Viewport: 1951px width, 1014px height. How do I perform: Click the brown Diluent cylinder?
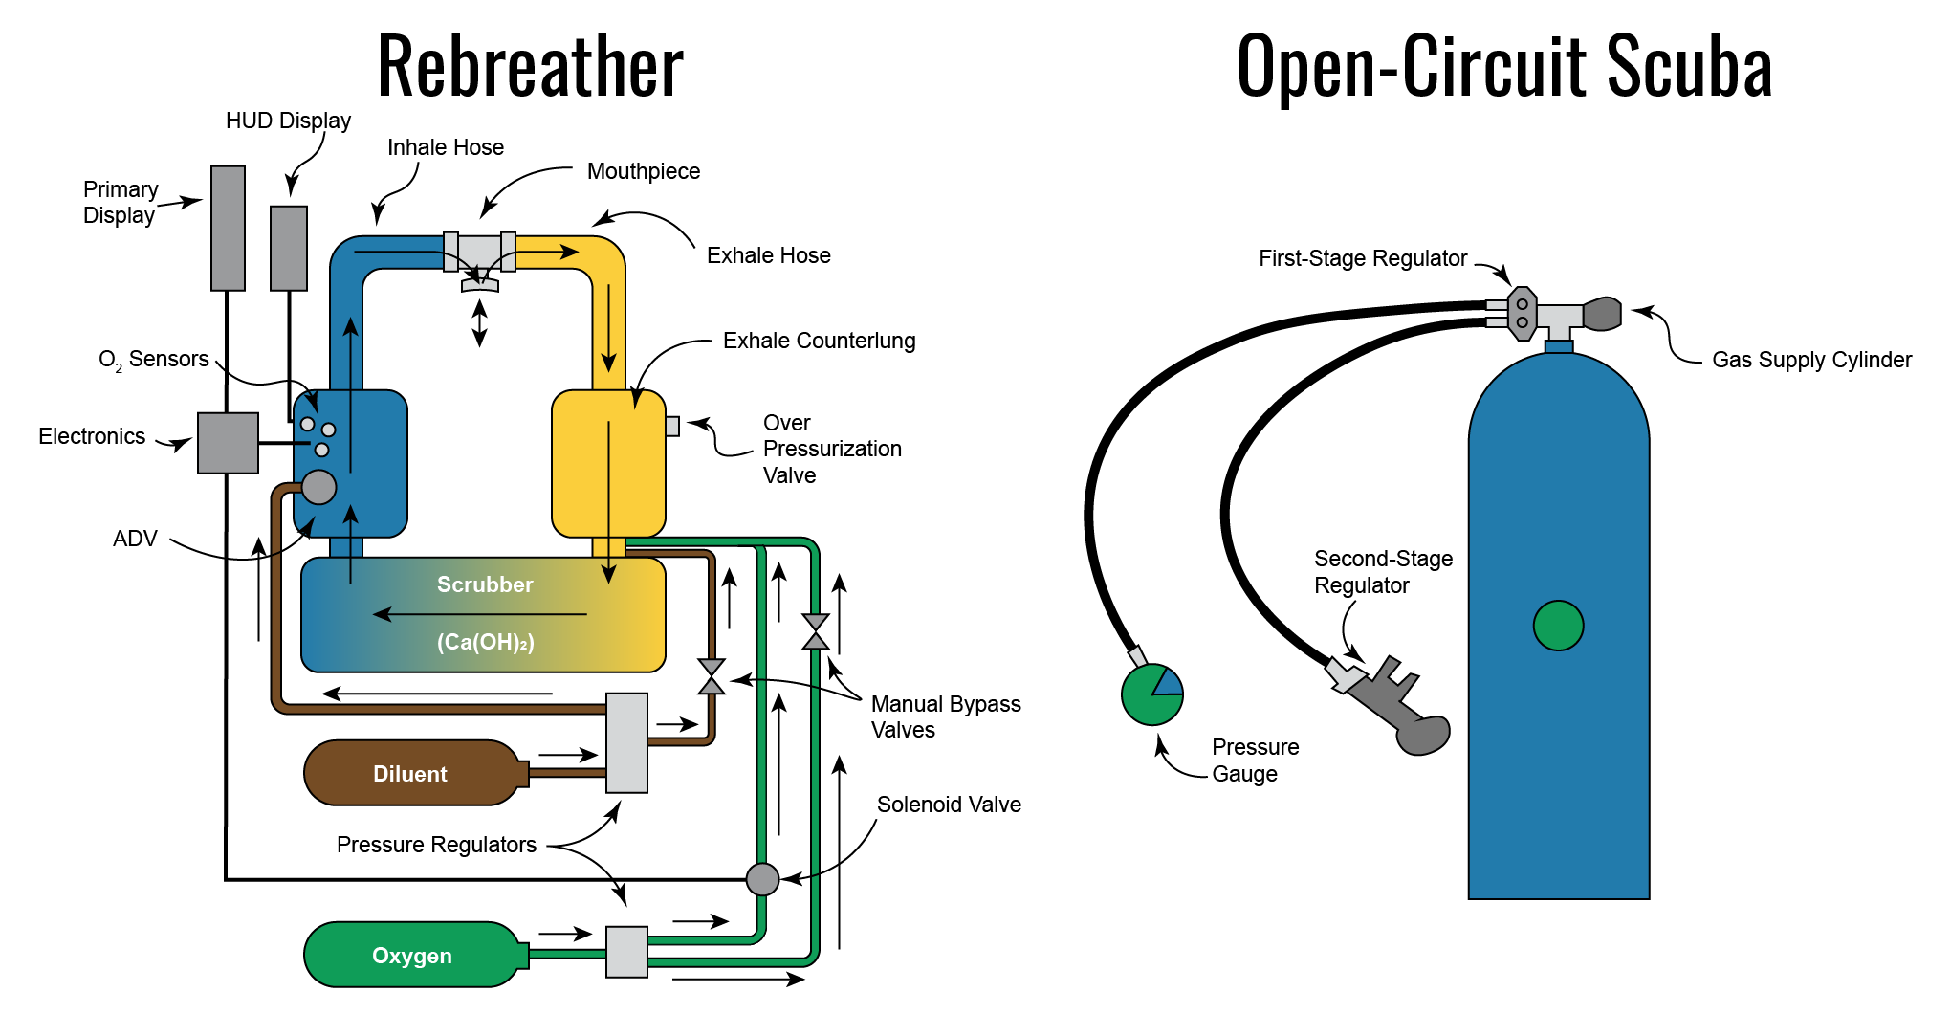(411, 773)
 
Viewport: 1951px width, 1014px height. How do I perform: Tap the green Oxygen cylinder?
(411, 955)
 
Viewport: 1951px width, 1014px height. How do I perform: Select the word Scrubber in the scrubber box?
(485, 584)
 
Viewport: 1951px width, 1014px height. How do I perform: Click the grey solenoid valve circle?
(762, 878)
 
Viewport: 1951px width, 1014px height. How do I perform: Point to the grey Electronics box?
(228, 443)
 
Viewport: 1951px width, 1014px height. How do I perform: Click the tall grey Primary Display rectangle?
(228, 228)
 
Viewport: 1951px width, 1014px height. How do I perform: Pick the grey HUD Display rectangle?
(289, 248)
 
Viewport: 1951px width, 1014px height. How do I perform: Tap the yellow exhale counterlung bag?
(608, 463)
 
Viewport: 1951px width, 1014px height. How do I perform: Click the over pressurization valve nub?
(672, 426)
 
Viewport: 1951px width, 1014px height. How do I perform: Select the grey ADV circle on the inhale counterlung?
(319, 487)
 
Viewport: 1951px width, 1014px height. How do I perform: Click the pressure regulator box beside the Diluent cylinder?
(626, 742)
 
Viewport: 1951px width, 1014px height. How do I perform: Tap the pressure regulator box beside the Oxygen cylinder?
(626, 951)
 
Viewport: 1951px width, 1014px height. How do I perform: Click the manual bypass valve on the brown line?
(712, 676)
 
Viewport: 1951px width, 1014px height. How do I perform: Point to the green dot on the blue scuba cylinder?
(1558, 626)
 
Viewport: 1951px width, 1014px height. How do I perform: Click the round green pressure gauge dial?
(1151, 694)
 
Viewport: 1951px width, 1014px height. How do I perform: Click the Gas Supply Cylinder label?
(1811, 360)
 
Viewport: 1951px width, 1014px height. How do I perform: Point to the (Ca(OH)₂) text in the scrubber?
(486, 642)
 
